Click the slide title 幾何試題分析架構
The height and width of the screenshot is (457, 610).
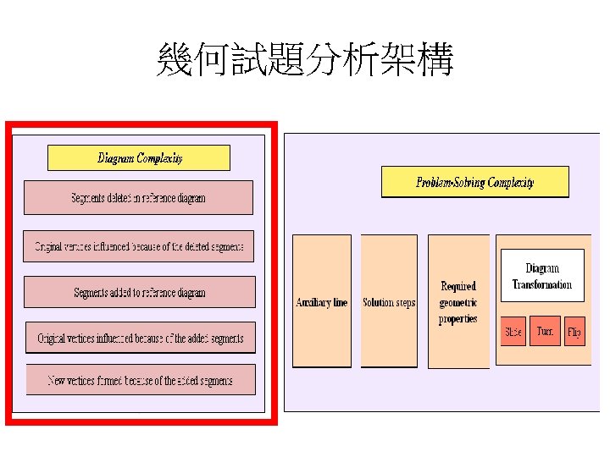pos(305,61)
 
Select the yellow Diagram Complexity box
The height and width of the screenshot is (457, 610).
pos(139,158)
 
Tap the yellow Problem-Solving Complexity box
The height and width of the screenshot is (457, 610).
pos(474,182)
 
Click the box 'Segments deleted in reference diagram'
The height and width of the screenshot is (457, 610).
pos(138,198)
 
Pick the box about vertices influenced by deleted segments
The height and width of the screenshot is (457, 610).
pos(138,247)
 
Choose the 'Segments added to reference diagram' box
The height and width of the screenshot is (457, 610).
pos(139,293)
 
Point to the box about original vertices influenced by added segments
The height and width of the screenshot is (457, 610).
pos(140,339)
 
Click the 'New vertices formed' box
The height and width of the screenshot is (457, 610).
pos(140,380)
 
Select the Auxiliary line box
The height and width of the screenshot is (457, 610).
pos(321,302)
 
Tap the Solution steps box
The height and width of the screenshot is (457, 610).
pos(389,302)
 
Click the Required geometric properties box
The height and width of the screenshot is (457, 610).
pos(458,302)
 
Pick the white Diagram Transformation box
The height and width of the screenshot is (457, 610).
pos(542,277)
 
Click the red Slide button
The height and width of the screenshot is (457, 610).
pos(513,331)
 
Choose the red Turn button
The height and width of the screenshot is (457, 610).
pos(545,331)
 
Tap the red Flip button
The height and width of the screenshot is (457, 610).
pos(574,331)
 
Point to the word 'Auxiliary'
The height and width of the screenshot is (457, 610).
pos(312,302)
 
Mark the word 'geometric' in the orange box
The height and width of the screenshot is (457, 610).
pos(458,303)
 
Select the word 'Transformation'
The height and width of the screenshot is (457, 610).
pos(542,285)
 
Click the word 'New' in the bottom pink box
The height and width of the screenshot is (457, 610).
pos(58,380)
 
